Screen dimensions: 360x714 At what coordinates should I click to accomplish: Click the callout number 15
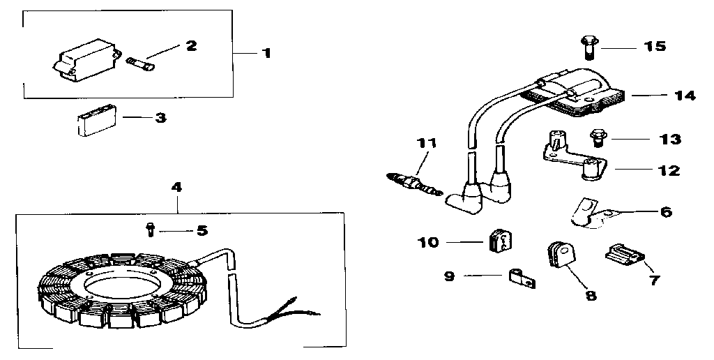click(655, 47)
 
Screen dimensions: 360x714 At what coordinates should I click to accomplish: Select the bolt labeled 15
click(587, 47)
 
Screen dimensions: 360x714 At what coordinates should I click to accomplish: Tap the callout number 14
click(685, 96)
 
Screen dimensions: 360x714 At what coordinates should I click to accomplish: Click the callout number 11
click(426, 144)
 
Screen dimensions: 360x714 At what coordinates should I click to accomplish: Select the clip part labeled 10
click(499, 241)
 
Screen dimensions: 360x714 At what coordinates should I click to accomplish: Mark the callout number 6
click(666, 211)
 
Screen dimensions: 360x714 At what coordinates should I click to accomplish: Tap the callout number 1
click(266, 53)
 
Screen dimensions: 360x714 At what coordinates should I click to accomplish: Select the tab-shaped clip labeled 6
click(587, 213)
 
